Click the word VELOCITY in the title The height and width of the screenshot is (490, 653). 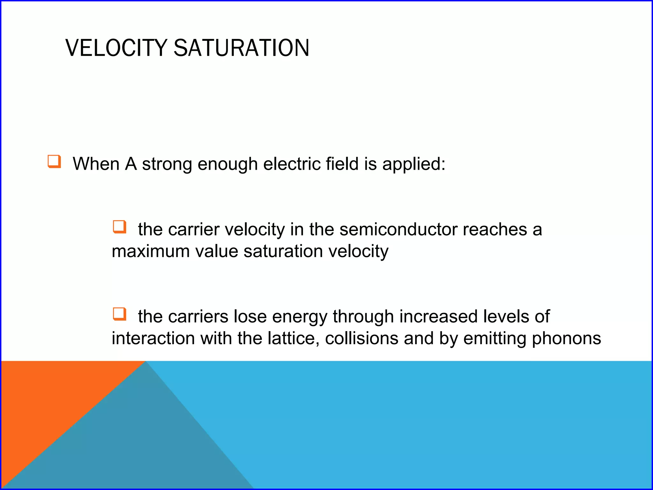tap(116, 48)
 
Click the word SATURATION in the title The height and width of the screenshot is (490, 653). tap(241, 48)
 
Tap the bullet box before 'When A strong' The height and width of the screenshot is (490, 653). tap(54, 161)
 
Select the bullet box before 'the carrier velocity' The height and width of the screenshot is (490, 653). tap(120, 227)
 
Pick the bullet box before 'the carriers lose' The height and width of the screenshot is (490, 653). tap(120, 314)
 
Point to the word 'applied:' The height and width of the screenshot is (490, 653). tap(414, 165)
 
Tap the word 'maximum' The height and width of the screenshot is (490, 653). tap(150, 251)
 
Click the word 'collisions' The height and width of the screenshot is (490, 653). tap(362, 338)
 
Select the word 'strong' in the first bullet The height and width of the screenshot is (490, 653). tap(167, 165)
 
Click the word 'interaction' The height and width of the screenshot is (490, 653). tap(153, 338)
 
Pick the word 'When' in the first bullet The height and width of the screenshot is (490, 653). tap(96, 164)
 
